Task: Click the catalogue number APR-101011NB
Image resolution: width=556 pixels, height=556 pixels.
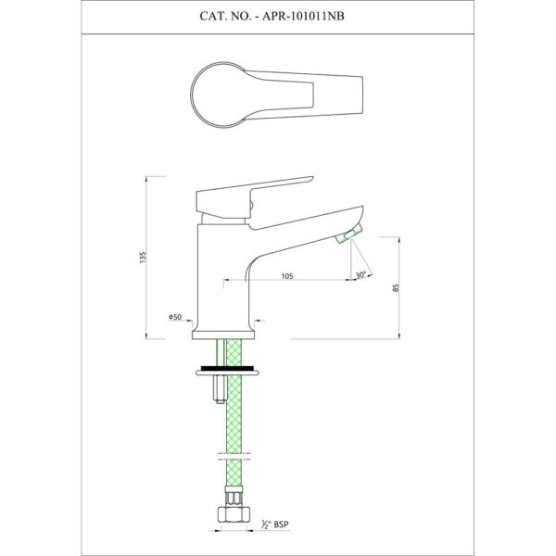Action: click(303, 17)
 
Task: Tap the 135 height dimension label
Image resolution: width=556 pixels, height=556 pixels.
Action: click(143, 257)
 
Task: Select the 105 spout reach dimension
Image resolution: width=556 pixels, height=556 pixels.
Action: click(287, 276)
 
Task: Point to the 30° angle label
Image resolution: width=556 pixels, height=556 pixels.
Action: click(360, 275)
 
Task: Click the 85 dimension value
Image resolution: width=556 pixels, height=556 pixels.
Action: click(397, 287)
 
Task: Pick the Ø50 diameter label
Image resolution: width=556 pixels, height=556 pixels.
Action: click(175, 317)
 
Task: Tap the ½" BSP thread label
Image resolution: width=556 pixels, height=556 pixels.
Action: click(275, 524)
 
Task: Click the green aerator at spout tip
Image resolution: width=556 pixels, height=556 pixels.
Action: click(349, 234)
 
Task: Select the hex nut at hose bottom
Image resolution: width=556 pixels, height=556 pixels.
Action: click(234, 514)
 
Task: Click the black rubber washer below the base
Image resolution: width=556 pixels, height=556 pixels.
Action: click(227, 367)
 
